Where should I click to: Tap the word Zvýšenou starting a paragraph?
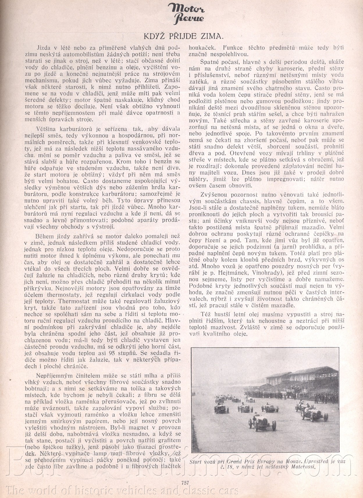coord(212,194)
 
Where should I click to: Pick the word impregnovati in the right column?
coord(279,179)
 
